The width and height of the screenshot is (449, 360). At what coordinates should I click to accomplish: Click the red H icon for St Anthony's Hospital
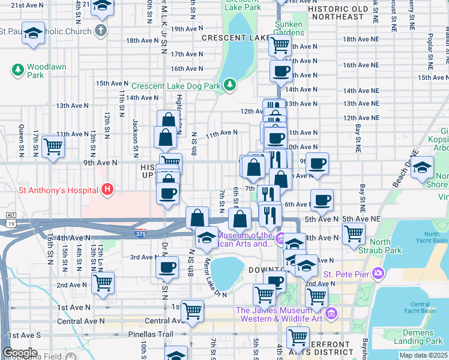pos(107,190)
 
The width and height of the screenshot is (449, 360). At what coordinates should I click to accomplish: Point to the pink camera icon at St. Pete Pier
pos(378,274)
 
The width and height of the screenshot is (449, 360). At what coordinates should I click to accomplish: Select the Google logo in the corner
pos(20,353)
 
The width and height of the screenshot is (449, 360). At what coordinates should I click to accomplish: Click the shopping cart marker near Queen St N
pos(53,145)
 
